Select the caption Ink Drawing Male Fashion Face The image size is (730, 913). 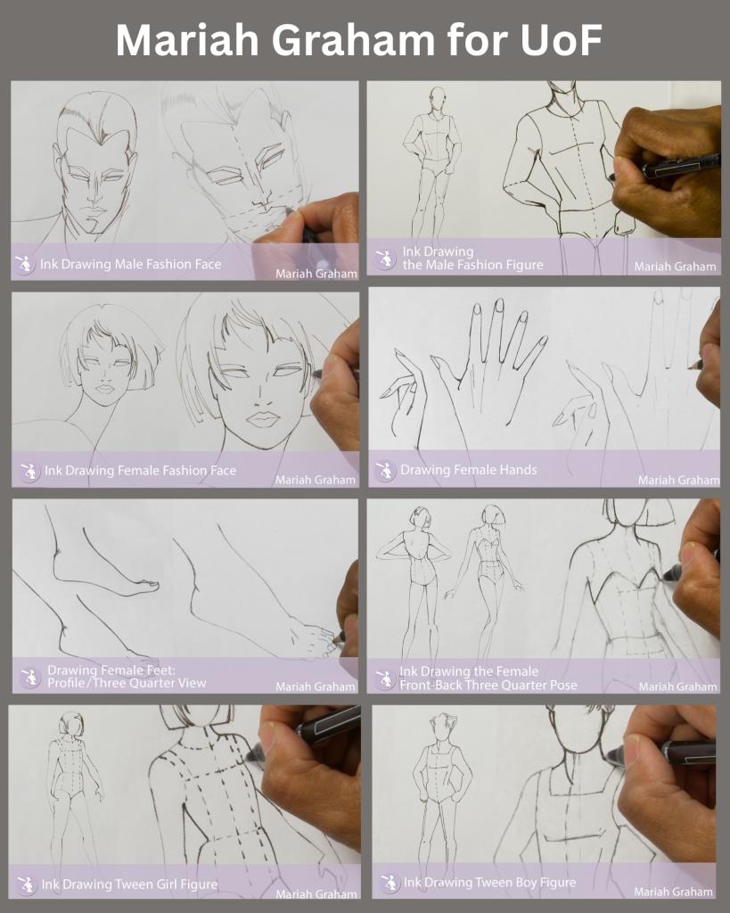(x=130, y=264)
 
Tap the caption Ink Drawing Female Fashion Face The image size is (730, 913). (x=140, y=470)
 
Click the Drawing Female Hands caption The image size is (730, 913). (x=468, y=469)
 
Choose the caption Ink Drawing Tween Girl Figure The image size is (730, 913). (x=129, y=884)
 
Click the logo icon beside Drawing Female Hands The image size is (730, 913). (x=385, y=470)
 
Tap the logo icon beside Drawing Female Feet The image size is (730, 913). (x=29, y=677)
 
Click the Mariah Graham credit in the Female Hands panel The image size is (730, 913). (x=678, y=480)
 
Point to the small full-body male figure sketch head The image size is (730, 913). (x=437, y=97)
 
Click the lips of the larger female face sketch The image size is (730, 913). (x=263, y=418)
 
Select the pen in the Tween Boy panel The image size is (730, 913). (x=664, y=754)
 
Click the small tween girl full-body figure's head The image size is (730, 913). (x=70, y=723)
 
